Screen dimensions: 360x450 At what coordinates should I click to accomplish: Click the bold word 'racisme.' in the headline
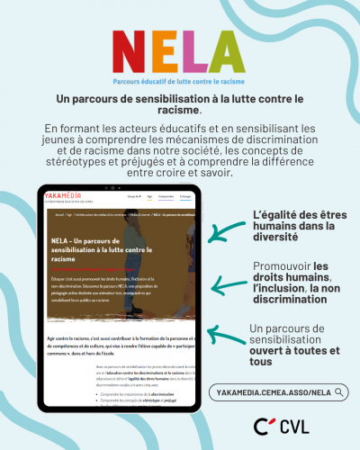[180, 110]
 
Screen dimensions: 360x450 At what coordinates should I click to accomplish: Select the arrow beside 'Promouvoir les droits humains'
[216, 286]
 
